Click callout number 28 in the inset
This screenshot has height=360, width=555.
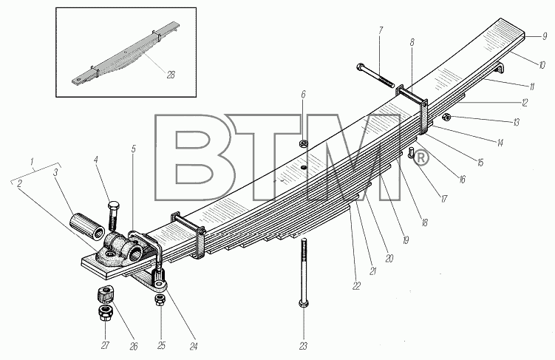coord(171,75)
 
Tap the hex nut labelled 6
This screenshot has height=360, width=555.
coord(303,143)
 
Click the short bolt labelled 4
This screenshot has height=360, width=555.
coord(113,216)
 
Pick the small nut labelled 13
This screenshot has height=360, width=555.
coord(447,117)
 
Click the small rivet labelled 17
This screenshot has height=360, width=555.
coord(412,153)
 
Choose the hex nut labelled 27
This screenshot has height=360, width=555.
coord(105,312)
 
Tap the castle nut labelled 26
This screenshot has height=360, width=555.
coord(105,294)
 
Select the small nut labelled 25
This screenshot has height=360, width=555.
coord(160,300)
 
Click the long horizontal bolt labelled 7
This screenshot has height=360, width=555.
coord(375,75)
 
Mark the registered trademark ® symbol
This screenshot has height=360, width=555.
coord(420,158)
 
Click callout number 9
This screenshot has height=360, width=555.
coord(545,36)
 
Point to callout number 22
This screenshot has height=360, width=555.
coord(356,285)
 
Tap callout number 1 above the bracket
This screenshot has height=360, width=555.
coord(32,162)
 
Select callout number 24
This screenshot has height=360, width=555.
coord(194,347)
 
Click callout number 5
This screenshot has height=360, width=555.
coord(134,149)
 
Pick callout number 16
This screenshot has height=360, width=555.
coord(462,180)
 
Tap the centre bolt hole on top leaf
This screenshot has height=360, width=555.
coord(303,167)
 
